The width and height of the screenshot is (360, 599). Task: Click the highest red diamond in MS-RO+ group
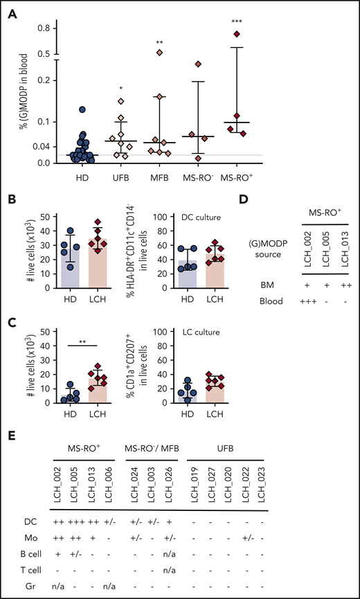click(236, 33)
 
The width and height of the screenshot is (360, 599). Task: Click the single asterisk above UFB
click(120, 89)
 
